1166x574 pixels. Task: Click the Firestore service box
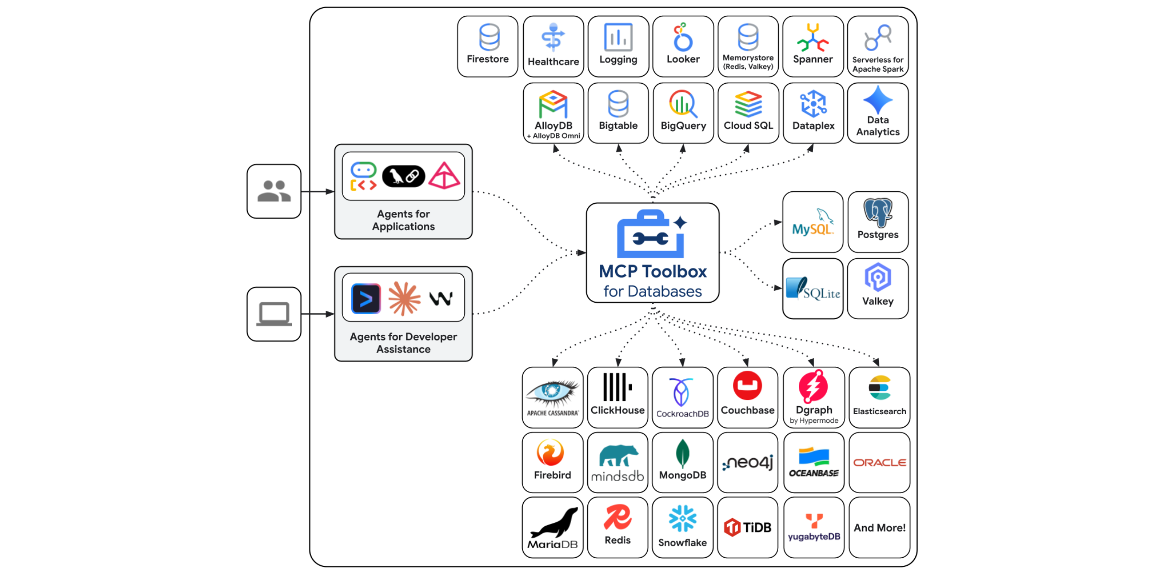tap(487, 46)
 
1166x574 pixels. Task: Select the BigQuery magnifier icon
tap(683, 104)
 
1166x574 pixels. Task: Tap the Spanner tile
tap(813, 46)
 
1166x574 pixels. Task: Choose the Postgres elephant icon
tap(878, 212)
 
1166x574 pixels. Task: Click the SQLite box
tap(813, 288)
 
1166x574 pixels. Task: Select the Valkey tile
tap(878, 288)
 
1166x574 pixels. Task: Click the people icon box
tap(274, 191)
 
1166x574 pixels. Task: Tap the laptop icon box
tap(274, 314)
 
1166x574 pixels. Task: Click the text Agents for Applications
tap(403, 220)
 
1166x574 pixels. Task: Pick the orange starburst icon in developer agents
tap(404, 298)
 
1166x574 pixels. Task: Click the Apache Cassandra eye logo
tap(552, 392)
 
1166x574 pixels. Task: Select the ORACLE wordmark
tap(879, 463)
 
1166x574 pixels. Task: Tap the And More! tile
tap(879, 528)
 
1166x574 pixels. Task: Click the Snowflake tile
tap(682, 527)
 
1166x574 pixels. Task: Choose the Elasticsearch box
tap(879, 397)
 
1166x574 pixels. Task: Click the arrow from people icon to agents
tap(317, 191)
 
